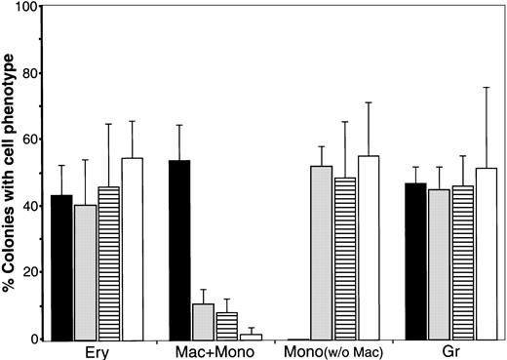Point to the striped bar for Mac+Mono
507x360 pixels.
226,326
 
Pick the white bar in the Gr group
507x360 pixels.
486,254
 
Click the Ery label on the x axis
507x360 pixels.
97,350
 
